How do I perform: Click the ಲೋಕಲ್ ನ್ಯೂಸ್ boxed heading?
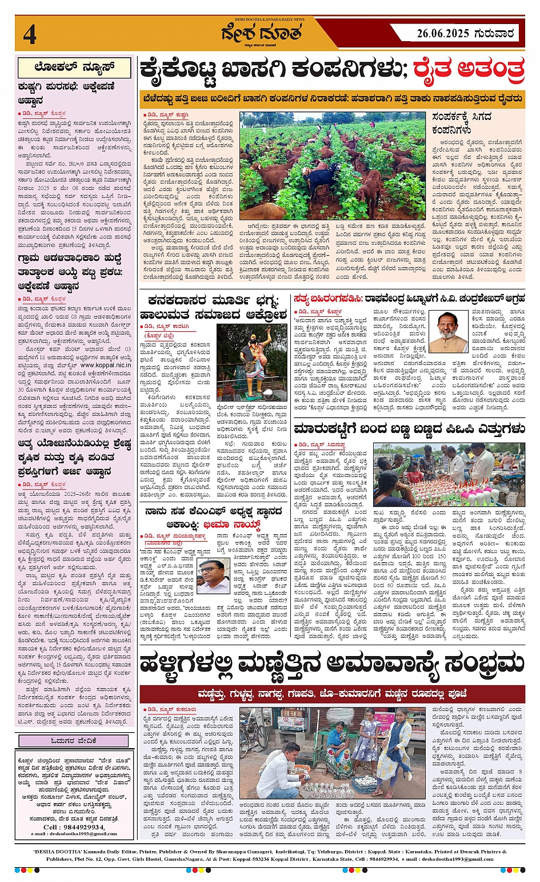[74, 67]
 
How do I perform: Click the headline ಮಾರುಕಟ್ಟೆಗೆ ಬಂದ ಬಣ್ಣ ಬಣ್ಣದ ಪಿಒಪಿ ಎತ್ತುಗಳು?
[409, 429]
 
